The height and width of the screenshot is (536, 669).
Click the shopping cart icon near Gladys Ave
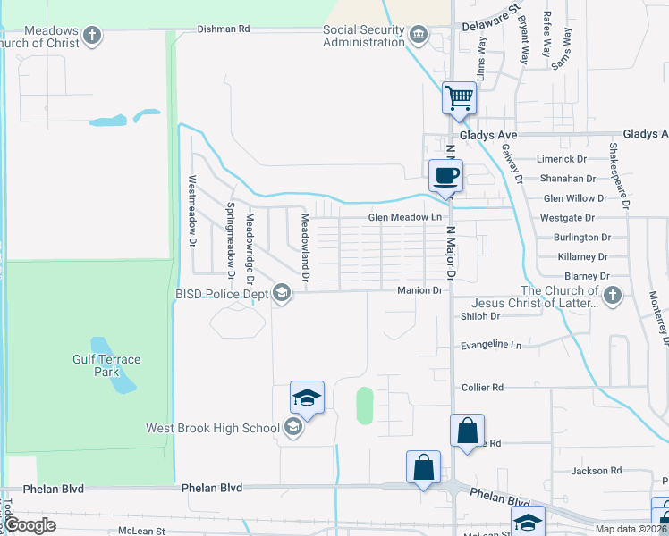(x=459, y=96)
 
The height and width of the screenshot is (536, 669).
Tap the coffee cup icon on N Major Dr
(x=445, y=174)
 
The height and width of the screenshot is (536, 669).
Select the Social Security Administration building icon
(x=418, y=36)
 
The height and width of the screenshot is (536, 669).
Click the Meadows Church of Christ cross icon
(x=91, y=36)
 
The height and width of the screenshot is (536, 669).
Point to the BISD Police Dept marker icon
(x=282, y=293)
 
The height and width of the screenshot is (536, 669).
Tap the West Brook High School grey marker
(x=292, y=428)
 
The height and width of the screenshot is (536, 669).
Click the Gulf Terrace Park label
(x=106, y=365)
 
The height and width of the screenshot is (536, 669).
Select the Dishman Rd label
(x=224, y=29)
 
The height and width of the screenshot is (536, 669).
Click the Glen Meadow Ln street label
(x=406, y=217)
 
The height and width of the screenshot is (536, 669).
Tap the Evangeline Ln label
(x=490, y=344)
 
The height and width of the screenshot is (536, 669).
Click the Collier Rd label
(x=483, y=388)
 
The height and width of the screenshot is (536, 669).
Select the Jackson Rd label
(x=597, y=471)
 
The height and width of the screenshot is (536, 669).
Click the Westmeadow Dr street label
(x=191, y=211)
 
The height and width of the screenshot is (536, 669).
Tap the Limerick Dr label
(x=561, y=159)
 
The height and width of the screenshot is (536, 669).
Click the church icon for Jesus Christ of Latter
(x=613, y=296)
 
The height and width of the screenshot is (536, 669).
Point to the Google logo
(x=30, y=526)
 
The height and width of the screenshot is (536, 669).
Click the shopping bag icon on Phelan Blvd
(x=423, y=467)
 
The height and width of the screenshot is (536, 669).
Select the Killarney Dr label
(x=582, y=256)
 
